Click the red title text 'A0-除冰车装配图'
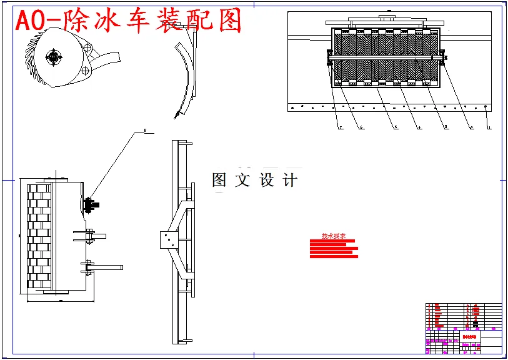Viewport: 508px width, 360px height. (128, 21)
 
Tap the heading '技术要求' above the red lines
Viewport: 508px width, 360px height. (334, 236)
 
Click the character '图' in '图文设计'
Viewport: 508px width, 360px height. (219, 181)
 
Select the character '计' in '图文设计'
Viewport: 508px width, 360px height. (290, 181)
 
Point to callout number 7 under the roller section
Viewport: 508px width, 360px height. (341, 127)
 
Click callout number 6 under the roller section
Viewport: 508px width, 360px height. (362, 127)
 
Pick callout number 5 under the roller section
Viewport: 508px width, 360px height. (396, 127)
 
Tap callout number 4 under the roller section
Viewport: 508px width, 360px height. (419, 127)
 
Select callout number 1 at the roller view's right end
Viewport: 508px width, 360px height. (489, 127)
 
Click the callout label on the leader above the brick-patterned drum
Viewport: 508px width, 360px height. (145, 131)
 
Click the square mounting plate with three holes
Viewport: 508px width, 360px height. (167, 239)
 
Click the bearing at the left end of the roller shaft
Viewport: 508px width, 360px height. (328, 59)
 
